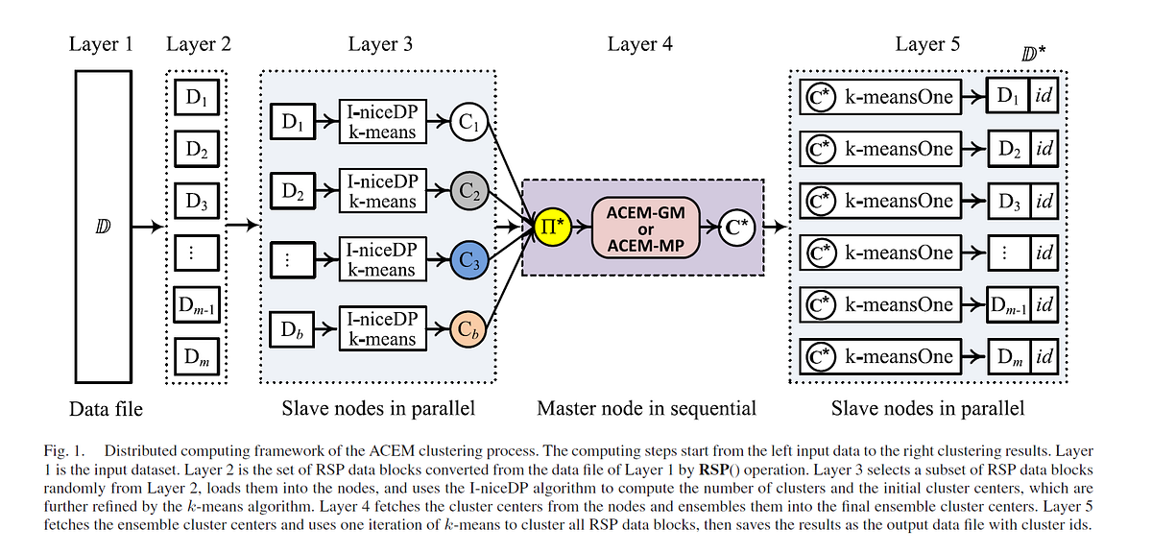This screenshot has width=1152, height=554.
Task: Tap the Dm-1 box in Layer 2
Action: [x=197, y=305]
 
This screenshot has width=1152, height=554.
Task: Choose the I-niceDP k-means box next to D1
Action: [x=382, y=123]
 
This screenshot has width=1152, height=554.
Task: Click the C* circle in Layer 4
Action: [x=737, y=228]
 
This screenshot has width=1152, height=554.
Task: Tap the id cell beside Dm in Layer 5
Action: [x=1044, y=357]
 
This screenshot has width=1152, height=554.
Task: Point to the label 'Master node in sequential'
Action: [x=646, y=408]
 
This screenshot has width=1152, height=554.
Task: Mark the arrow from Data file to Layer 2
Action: [x=152, y=227]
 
